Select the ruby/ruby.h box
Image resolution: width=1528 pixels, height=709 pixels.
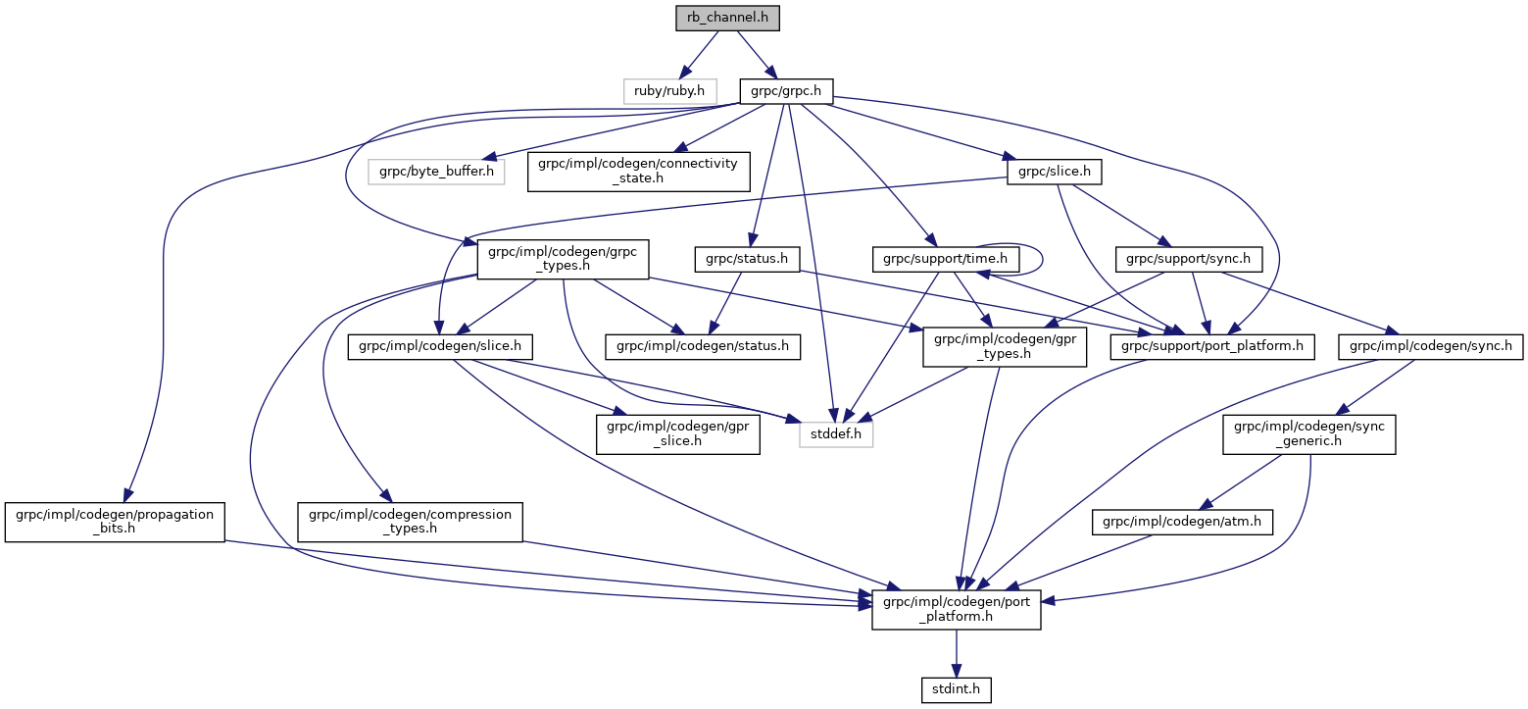point(670,90)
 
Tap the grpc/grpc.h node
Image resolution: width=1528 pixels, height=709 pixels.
point(786,90)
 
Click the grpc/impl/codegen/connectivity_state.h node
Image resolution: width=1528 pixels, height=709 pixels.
point(638,172)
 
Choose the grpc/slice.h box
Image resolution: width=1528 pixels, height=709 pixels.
point(1054,172)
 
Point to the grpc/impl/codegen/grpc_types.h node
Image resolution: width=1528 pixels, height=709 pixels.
point(557,260)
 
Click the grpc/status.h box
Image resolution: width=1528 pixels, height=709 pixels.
point(747,260)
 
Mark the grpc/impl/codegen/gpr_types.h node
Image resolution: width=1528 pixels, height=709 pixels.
point(1004,346)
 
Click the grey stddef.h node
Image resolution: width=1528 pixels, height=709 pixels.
point(835,433)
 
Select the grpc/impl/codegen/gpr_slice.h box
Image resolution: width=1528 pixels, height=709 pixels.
point(678,433)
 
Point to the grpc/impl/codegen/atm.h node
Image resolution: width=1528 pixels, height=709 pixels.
point(1183,524)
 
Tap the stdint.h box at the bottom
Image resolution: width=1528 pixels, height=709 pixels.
point(956,690)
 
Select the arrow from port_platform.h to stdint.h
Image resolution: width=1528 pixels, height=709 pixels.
point(956,653)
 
